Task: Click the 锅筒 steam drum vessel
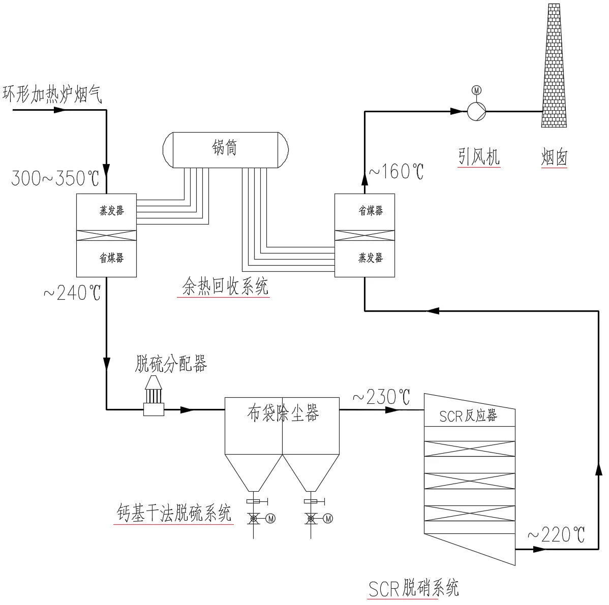225,149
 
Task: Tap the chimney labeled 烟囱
554,66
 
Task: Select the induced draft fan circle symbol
476,110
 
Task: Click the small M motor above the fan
476,90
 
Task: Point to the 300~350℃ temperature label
55,179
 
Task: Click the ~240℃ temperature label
72,293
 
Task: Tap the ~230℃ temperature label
381,397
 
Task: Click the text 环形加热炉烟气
52,95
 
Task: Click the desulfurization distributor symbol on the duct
154,396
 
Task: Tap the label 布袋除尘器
283,414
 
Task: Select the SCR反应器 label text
468,416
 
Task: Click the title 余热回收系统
225,287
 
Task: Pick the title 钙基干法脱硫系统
174,514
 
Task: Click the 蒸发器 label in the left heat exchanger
111,210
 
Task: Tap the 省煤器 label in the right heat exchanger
371,210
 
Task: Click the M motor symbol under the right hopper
328,519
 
